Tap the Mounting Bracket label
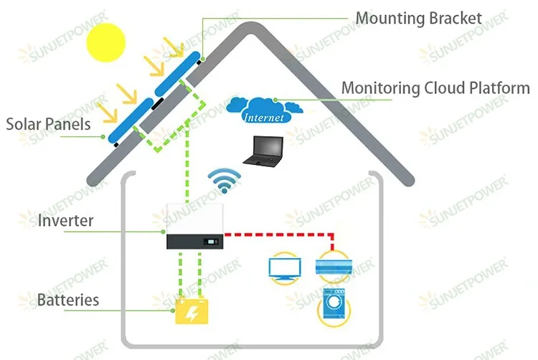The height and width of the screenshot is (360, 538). point(419,18)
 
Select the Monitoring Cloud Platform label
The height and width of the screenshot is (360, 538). point(435,89)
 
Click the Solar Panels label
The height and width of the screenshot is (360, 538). point(48,125)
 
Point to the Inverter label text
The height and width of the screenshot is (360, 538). point(65,220)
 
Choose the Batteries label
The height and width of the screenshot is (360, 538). point(68,299)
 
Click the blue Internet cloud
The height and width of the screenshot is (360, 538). point(264,110)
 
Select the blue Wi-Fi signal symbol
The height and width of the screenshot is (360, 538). point(224,181)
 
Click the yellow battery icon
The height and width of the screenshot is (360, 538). point(192,311)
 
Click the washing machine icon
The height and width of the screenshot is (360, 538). point(334,305)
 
